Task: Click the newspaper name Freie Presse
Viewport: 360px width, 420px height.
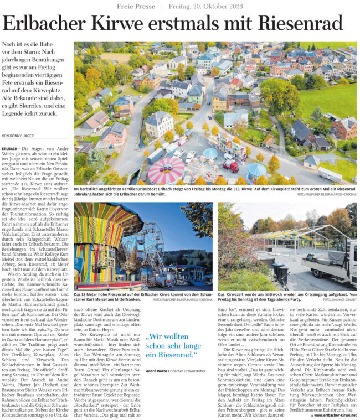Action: click(136, 6)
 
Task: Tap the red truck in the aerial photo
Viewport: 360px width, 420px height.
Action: click(232, 165)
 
